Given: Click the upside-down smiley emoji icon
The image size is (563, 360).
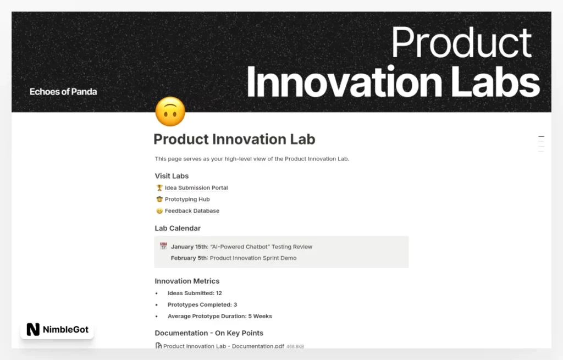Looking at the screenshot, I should click(x=170, y=112).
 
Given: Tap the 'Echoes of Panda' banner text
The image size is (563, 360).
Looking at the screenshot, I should click(x=63, y=92).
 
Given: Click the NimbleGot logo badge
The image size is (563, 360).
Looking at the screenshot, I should click(x=57, y=329).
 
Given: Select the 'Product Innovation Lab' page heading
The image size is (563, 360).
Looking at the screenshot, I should click(x=234, y=139).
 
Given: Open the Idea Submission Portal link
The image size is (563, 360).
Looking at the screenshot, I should click(x=196, y=188).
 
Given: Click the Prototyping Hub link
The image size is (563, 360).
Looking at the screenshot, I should click(x=187, y=200).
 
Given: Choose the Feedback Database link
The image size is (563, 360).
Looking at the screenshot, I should click(x=192, y=211).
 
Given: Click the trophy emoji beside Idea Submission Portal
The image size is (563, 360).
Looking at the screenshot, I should click(x=159, y=188).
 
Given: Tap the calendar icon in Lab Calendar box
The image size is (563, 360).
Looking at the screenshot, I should click(x=163, y=246).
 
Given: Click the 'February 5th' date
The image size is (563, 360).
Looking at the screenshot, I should click(x=189, y=258).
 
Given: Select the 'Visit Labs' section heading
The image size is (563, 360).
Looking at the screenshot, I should click(x=172, y=176).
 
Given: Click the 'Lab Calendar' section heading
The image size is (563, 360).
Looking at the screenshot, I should click(x=178, y=228).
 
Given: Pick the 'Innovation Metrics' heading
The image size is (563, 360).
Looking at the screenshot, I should click(x=187, y=281).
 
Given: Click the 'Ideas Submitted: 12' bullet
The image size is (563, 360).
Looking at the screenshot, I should click(x=195, y=293).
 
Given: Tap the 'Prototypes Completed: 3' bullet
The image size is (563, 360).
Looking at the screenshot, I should click(x=202, y=304).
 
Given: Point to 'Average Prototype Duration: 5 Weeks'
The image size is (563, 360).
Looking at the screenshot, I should click(x=219, y=316).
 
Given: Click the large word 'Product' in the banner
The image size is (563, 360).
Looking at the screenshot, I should click(x=461, y=42).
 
